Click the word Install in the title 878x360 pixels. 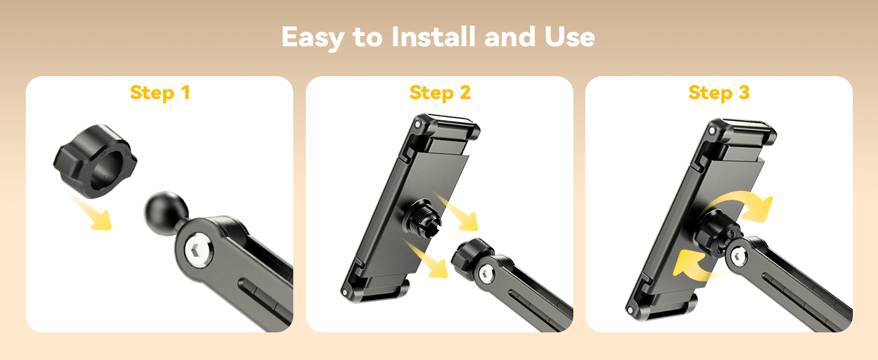pyautogui.click(x=434, y=37)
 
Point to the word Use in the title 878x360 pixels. pyautogui.click(x=570, y=37)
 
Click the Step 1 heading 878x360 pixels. pyautogui.click(x=160, y=94)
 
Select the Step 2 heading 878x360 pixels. pyautogui.click(x=440, y=94)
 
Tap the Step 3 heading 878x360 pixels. pyautogui.click(x=719, y=94)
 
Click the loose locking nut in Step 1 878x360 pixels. pyautogui.click(x=95, y=161)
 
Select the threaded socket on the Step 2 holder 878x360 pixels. pyautogui.click(x=423, y=219)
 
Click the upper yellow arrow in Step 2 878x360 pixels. pyautogui.click(x=457, y=212)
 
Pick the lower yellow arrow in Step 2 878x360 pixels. pyautogui.click(x=426, y=259)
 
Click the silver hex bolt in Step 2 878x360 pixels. pyautogui.click(x=486, y=272)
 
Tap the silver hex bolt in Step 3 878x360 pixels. pyautogui.click(x=739, y=257)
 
